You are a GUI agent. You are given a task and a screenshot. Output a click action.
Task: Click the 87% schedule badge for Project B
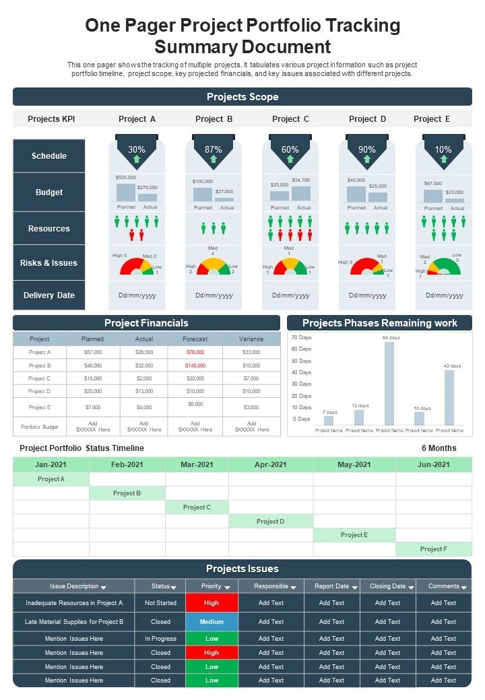tap(214, 151)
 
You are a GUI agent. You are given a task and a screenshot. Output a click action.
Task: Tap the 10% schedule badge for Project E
tap(443, 151)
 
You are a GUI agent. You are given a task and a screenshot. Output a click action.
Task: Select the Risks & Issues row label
tap(49, 263)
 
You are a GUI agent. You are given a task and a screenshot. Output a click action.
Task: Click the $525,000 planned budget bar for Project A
tap(126, 193)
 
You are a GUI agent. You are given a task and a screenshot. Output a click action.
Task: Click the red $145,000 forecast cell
tap(195, 365)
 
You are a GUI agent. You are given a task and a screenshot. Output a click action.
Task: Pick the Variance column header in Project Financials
tap(251, 339)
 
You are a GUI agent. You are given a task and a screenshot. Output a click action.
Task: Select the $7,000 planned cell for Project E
tap(92, 407)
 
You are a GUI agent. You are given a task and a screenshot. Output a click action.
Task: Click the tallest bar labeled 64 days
tap(389, 383)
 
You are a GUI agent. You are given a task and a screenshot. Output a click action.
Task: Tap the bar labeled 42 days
tap(449, 397)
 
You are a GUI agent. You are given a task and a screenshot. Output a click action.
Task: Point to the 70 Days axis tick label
tap(300, 337)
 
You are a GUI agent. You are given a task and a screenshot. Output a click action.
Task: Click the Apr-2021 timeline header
tap(271, 464)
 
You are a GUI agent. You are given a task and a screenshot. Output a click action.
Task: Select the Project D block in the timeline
tap(271, 522)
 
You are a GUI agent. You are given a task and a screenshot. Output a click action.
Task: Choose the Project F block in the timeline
tap(433, 549)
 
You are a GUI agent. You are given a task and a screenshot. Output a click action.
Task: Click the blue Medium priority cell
tap(212, 622)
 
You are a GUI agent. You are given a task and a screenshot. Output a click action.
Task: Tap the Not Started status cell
tap(160, 603)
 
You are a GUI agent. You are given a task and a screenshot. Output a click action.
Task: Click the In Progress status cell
tap(160, 639)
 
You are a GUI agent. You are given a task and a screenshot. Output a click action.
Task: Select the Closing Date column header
tap(388, 586)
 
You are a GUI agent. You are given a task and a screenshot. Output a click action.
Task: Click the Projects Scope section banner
tap(243, 97)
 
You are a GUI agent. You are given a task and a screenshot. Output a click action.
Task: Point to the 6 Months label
tap(439, 448)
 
